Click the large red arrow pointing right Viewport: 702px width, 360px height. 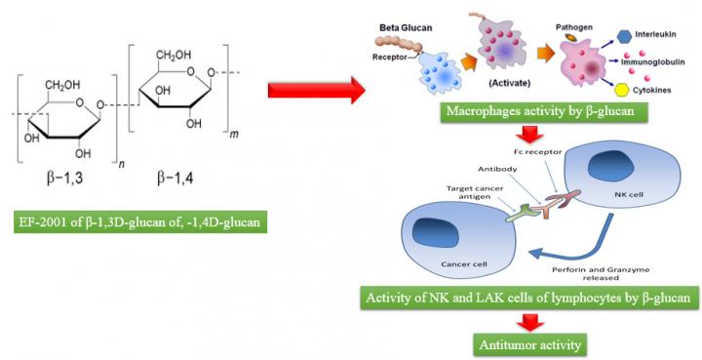[x=317, y=91]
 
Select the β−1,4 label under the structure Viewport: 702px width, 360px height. [x=175, y=179]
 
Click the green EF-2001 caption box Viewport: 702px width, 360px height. [x=140, y=221]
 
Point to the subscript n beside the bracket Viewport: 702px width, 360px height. [x=121, y=167]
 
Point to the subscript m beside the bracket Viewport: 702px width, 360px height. [x=234, y=135]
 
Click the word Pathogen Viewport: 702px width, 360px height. [x=574, y=27]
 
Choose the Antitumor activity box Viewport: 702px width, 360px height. [x=530, y=344]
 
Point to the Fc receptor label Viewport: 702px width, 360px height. [x=543, y=152]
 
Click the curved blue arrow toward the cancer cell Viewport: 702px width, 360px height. [x=592, y=249]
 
